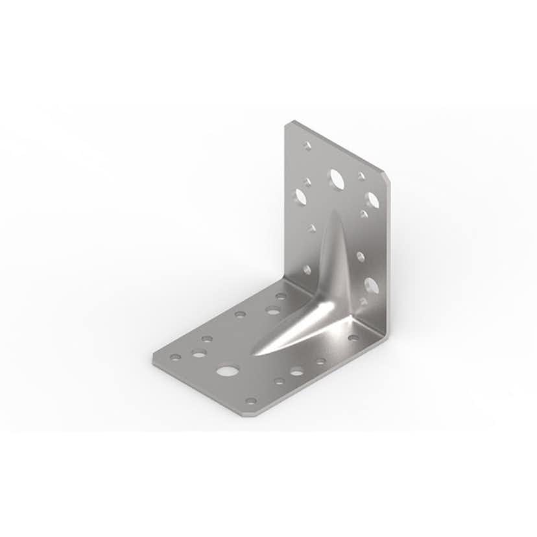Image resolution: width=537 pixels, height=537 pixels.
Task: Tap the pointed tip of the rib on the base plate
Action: pos(255,354)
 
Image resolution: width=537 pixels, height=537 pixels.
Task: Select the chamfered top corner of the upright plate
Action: pos(387,177)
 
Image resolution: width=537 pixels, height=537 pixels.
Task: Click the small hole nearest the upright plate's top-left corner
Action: pos(307,146)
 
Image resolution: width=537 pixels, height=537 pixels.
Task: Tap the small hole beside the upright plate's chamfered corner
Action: pos(361,176)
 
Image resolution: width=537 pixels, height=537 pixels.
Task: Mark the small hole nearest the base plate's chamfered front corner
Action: pos(251,400)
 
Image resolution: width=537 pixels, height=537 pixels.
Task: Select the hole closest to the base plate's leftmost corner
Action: pos(176,356)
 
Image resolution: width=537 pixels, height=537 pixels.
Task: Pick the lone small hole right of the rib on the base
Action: pos(353,337)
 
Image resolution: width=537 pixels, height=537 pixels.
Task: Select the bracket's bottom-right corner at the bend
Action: pos(387,337)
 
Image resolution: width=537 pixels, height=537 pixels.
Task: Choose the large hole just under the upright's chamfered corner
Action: pos(372,200)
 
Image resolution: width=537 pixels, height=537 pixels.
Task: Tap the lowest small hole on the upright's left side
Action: pos(307,269)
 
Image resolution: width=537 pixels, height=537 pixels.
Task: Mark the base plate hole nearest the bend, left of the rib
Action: pos(280,296)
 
